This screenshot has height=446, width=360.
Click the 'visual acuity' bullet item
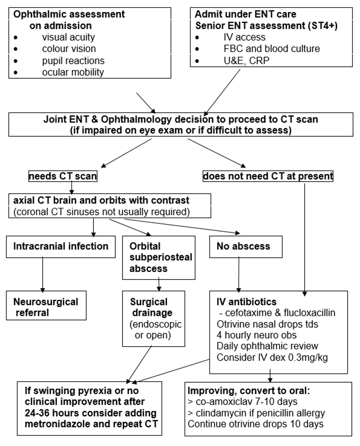coord(68,37)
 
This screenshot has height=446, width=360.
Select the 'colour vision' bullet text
coord(69,49)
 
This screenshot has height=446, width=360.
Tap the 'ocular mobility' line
coord(73,72)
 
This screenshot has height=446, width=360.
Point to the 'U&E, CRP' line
coord(242,60)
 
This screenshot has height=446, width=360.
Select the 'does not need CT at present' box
coord(267,177)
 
